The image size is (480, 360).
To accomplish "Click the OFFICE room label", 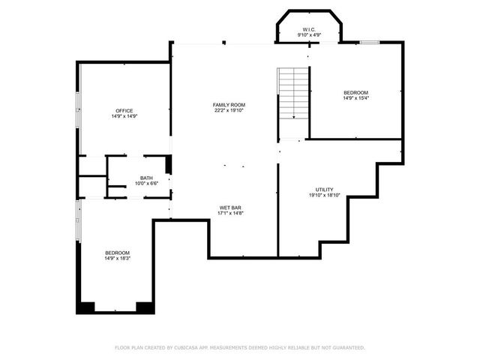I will click(x=124, y=110).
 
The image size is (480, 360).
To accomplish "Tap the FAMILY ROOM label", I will click(x=229, y=104).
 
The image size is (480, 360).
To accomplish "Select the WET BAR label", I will click(x=230, y=207).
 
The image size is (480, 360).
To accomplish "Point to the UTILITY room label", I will click(x=324, y=189).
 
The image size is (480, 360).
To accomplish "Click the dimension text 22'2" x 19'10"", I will click(x=229, y=110).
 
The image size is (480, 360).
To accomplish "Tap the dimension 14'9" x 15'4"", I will click(x=355, y=98).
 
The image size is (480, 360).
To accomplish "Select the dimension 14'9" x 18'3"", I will click(x=117, y=258).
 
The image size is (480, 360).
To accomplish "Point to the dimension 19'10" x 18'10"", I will click(x=324, y=195).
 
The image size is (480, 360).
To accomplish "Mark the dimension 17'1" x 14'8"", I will click(x=230, y=213).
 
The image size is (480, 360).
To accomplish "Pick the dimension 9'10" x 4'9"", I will click(x=309, y=34).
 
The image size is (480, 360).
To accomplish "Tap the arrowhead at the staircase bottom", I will click(x=293, y=116).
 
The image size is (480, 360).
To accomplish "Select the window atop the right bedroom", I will click(x=367, y=42).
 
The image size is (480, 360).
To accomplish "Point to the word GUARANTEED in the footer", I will click(x=346, y=347).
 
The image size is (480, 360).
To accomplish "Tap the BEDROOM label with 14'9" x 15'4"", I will click(x=355, y=92).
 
